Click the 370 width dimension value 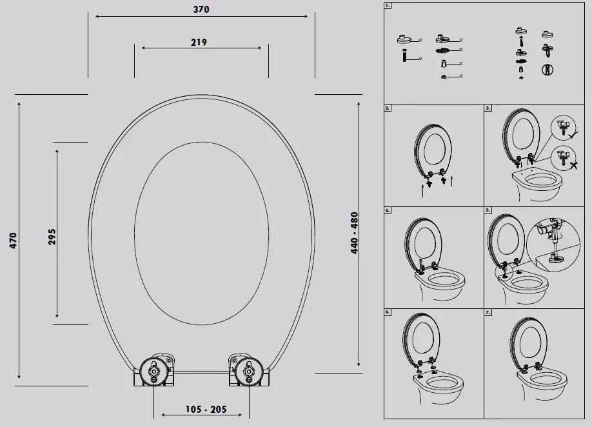(x=201, y=10)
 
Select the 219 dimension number (x=199, y=43)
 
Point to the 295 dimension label (x=52, y=236)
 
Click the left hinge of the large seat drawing (x=153, y=371)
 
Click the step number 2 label (x=387, y=108)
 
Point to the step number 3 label (x=488, y=108)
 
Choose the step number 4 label (x=387, y=210)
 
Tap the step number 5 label (x=488, y=210)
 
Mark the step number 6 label (x=387, y=312)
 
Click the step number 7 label (x=488, y=312)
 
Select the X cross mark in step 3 (x=573, y=165)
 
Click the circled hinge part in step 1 (x=548, y=68)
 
